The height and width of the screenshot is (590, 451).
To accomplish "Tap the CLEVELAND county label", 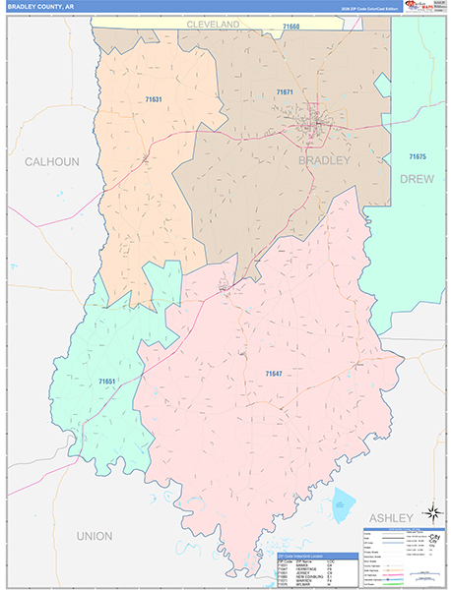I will (x=214, y=23).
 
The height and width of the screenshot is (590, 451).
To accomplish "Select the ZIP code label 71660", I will (x=290, y=26).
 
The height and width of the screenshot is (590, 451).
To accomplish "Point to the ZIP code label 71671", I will (x=285, y=91).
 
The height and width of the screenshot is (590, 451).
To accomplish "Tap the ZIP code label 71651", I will (x=107, y=381).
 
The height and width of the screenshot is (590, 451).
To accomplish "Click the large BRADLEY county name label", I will (x=324, y=160).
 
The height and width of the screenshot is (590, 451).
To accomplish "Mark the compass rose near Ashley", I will (x=430, y=511).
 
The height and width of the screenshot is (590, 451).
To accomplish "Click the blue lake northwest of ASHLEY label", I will (x=342, y=503).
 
